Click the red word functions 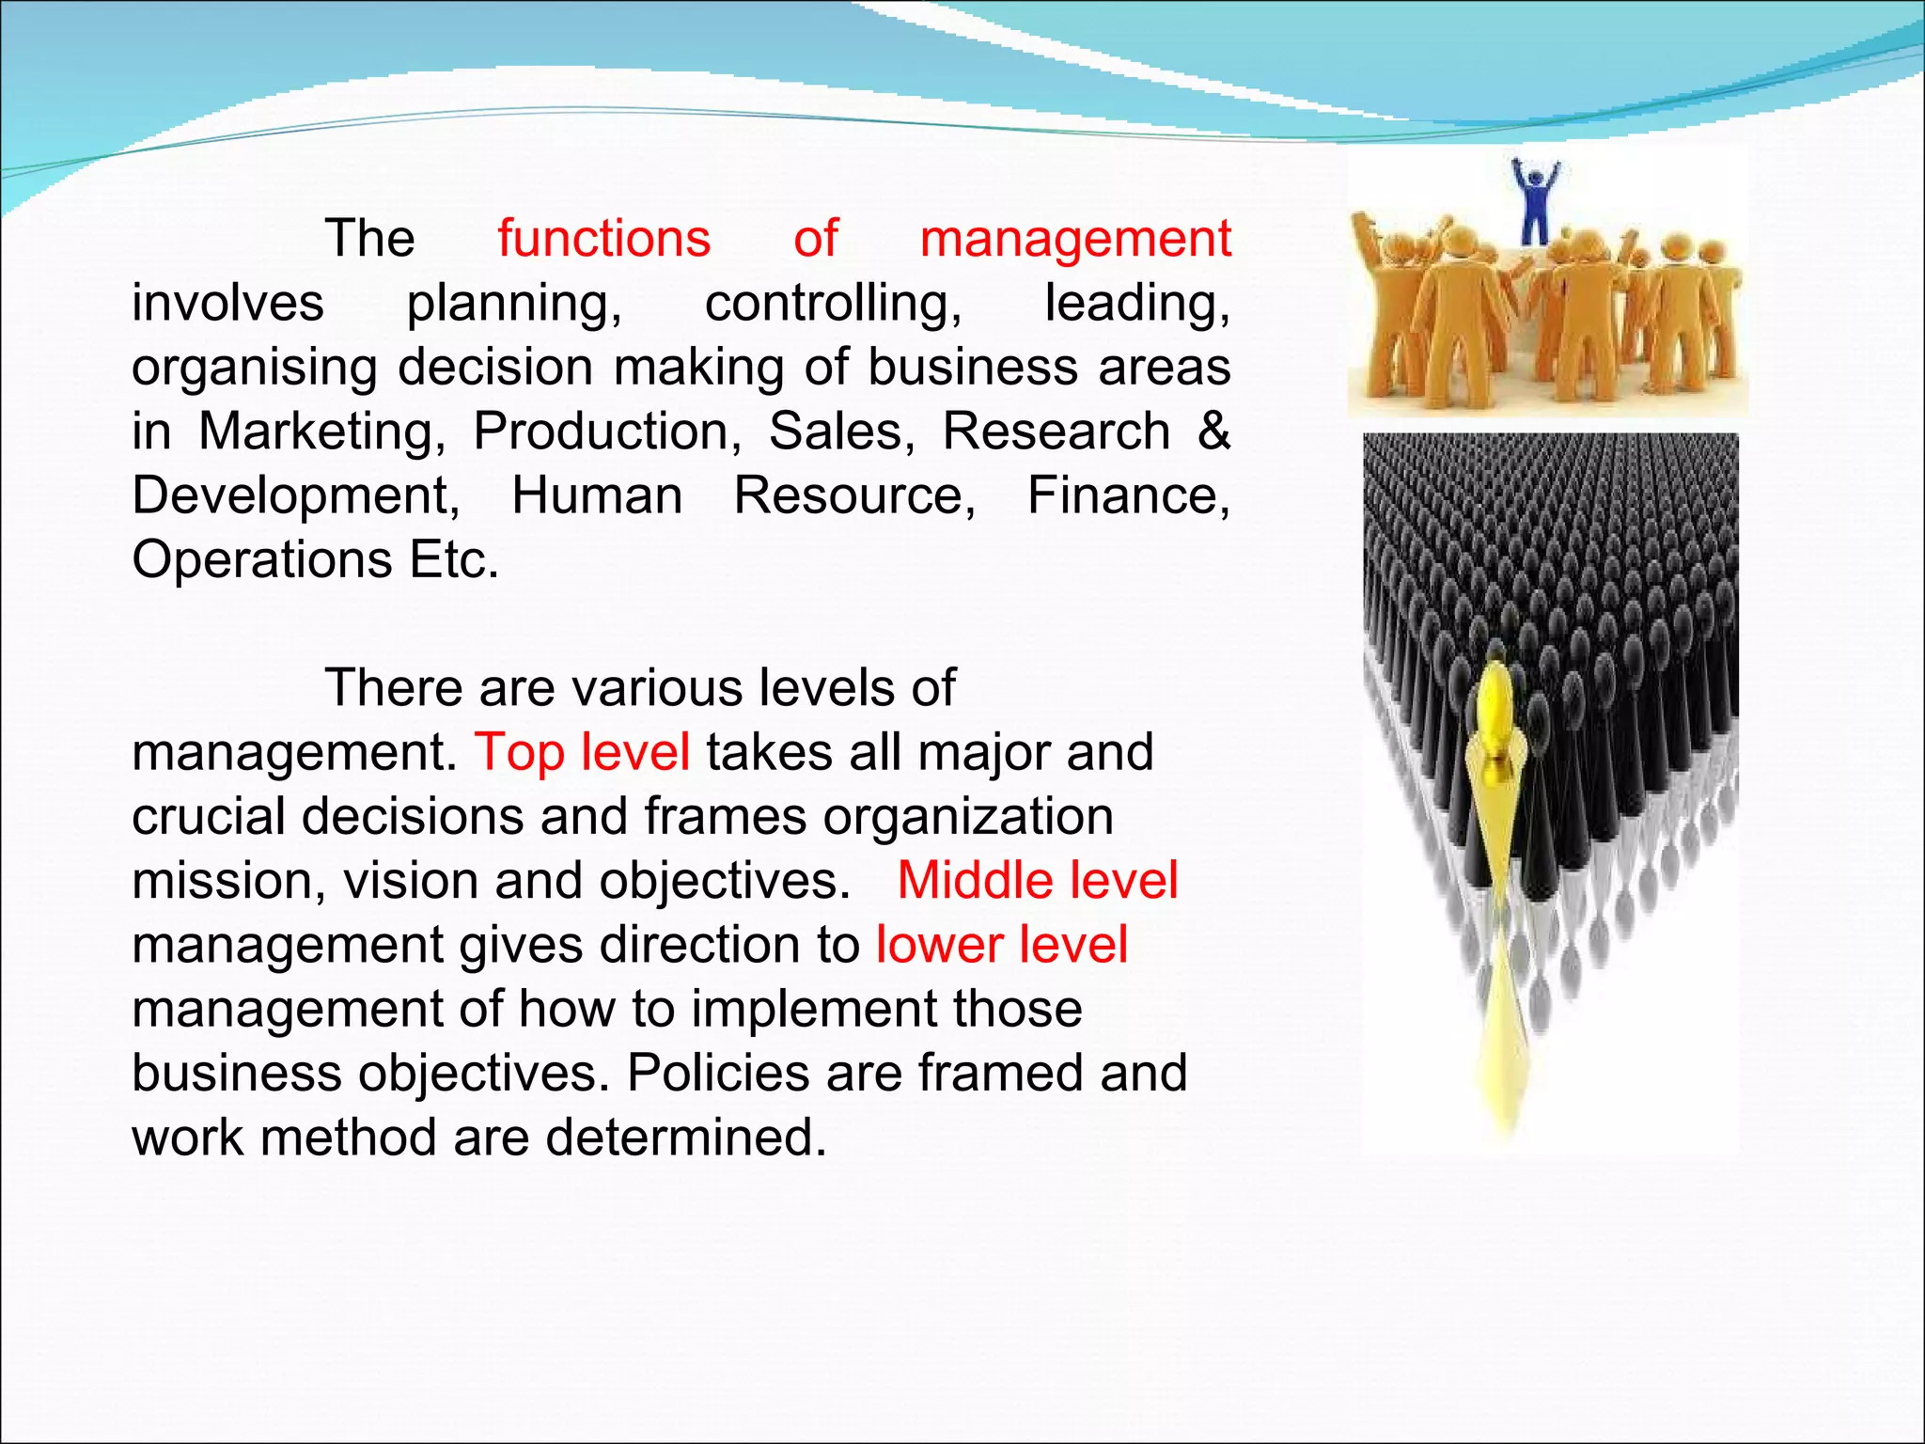(x=603, y=239)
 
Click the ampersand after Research (x=1213, y=431)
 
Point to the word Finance (x=1128, y=495)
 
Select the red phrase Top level (x=582, y=752)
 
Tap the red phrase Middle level (x=1037, y=881)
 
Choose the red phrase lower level (x=1001, y=945)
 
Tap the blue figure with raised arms (x=1534, y=200)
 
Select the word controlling (x=833, y=304)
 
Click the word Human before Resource (x=597, y=495)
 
